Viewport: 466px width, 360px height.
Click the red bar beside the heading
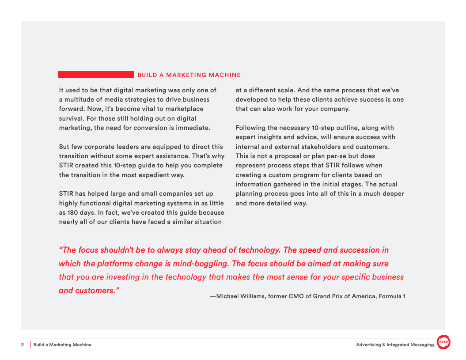coord(96,75)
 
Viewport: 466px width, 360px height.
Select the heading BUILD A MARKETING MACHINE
coord(189,75)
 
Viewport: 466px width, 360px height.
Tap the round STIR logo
coord(443,342)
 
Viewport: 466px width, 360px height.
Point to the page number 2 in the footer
coord(23,345)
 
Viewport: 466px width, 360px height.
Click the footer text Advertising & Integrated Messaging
coord(394,345)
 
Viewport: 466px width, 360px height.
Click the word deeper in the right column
coord(391,193)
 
